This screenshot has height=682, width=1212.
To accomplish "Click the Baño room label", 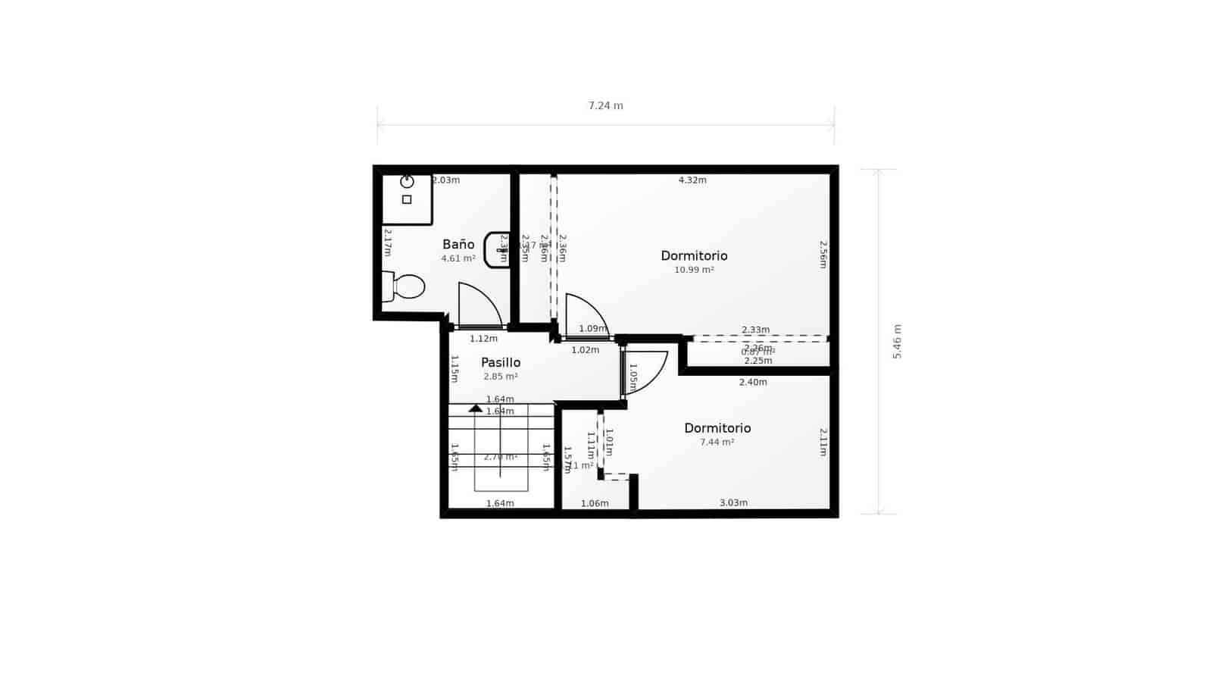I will tap(458, 244).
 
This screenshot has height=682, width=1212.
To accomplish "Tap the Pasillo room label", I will tap(501, 362).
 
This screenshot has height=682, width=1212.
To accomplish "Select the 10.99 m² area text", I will tap(694, 270).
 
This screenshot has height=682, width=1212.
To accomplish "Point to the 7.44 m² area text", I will tap(717, 442).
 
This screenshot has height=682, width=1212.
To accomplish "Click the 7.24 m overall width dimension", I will tap(605, 106).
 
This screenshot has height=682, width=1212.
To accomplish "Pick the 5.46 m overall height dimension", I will tap(897, 341).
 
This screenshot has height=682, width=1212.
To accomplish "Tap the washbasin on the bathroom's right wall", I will tap(497, 249).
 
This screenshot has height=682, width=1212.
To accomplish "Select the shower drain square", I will tap(407, 199).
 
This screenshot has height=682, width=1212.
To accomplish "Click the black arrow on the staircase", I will tap(475, 408).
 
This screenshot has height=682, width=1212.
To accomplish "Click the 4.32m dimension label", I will tap(692, 180).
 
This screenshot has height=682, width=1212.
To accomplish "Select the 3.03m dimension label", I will tap(733, 502).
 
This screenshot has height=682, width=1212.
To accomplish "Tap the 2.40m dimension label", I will tap(753, 382).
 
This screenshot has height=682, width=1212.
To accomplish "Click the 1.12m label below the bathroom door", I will tap(483, 339).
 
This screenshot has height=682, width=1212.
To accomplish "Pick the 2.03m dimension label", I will tap(446, 180).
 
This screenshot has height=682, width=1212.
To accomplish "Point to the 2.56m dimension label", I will tap(823, 255).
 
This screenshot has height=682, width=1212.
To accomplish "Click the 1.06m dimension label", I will tap(595, 503).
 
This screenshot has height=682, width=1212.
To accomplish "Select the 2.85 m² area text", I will tap(501, 377).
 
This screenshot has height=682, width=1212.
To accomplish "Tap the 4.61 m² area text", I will tap(458, 258).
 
